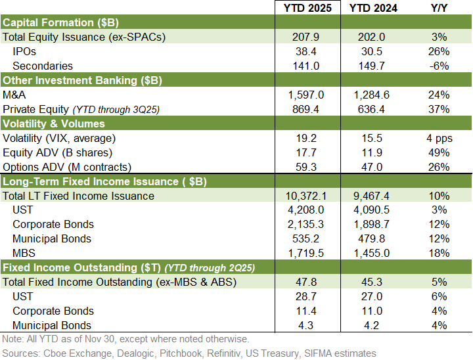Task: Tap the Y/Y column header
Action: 440,9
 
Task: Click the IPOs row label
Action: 26,51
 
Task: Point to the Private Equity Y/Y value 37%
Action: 440,109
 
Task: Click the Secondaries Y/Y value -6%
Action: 440,66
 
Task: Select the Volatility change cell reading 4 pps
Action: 440,138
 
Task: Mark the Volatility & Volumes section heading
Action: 54,124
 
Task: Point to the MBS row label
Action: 24,253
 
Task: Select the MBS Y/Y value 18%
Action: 440,253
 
